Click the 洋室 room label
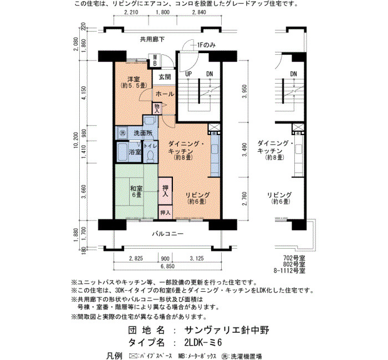pyautogui.click(x=134, y=79)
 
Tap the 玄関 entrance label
pyautogui.click(x=165, y=77)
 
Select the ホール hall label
pyautogui.click(x=165, y=94)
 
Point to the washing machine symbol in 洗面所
pyautogui.click(x=122, y=133)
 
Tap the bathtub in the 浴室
pyautogui.click(x=122, y=152)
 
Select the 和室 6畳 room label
pyautogui.click(x=136, y=192)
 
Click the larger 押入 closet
pyautogui.click(x=165, y=191)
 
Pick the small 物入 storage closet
pyautogui.click(x=157, y=109)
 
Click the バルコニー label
pyautogui.click(x=167, y=234)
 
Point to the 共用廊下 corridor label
pyautogui.click(x=152, y=39)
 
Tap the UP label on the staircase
pyautogui.click(x=188, y=74)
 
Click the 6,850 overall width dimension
pyautogui.click(x=167, y=266)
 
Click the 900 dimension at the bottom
pyautogui.click(x=165, y=259)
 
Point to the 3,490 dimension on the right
pyautogui.click(x=244, y=150)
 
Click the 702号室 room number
pyautogui.click(x=294, y=258)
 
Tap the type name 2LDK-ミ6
pyautogui.click(x=203, y=342)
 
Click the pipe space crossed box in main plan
pyautogui.click(x=213, y=127)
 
